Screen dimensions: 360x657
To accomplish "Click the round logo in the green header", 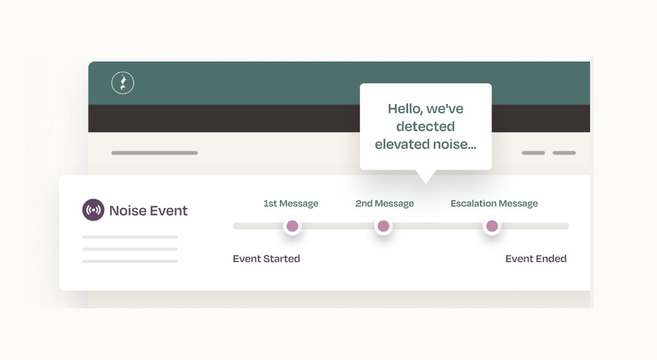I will click(x=122, y=83).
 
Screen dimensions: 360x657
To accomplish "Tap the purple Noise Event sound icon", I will click(x=93, y=210).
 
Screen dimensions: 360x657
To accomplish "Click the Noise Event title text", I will click(x=148, y=211).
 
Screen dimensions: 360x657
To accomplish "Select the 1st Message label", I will click(x=291, y=204).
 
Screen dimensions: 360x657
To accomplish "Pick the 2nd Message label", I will click(x=384, y=204).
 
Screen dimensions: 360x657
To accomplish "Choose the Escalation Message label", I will click(x=494, y=204).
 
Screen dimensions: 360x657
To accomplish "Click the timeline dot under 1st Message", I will click(x=292, y=226).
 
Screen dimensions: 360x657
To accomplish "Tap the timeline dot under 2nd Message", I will click(x=383, y=226).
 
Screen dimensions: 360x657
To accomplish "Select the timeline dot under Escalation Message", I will click(x=492, y=226).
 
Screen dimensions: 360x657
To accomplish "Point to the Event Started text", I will click(x=266, y=258).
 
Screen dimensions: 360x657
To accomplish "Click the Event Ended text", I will click(x=536, y=258).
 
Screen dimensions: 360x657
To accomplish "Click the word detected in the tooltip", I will click(x=425, y=126).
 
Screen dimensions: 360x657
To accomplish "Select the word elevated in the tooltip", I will click(x=401, y=144).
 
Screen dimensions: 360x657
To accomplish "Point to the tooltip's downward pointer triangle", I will click(x=425, y=176).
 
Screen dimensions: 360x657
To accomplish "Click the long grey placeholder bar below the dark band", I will click(x=155, y=153).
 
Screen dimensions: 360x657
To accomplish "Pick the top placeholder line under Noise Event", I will click(x=130, y=237).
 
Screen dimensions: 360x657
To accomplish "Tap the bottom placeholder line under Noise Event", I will click(x=130, y=261).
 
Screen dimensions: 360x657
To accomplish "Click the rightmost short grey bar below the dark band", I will click(x=564, y=153).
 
